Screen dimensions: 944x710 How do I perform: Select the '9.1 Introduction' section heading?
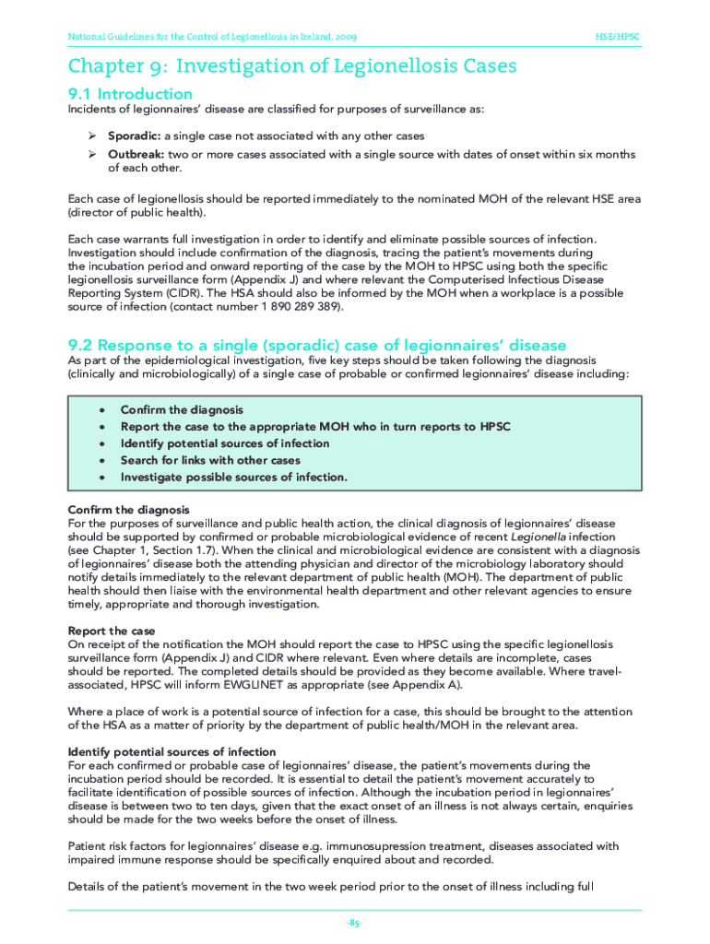[131, 93]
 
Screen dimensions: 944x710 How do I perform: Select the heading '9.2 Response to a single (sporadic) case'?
[318, 344]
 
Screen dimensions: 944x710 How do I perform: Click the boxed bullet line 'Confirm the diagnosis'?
[182, 409]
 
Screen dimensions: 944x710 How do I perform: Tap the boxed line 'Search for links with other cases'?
[210, 460]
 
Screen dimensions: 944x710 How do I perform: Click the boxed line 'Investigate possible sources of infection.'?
[233, 477]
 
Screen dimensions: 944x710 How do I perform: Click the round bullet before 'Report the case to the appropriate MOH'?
[101, 427]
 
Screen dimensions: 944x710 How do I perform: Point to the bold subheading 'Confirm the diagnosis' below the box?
[129, 510]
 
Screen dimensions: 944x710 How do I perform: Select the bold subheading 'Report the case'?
[112, 631]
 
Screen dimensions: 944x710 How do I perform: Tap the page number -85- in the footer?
[355, 923]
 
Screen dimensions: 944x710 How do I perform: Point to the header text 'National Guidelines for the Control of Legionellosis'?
[213, 37]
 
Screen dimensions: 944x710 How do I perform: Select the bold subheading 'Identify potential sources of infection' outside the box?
[172, 751]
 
